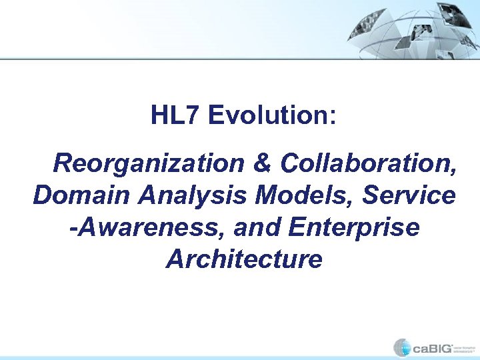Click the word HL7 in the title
coord(175,115)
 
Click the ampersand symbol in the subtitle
coord(266,163)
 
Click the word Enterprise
coord(355,227)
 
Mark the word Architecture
coord(244,259)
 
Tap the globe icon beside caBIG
coord(402,347)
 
